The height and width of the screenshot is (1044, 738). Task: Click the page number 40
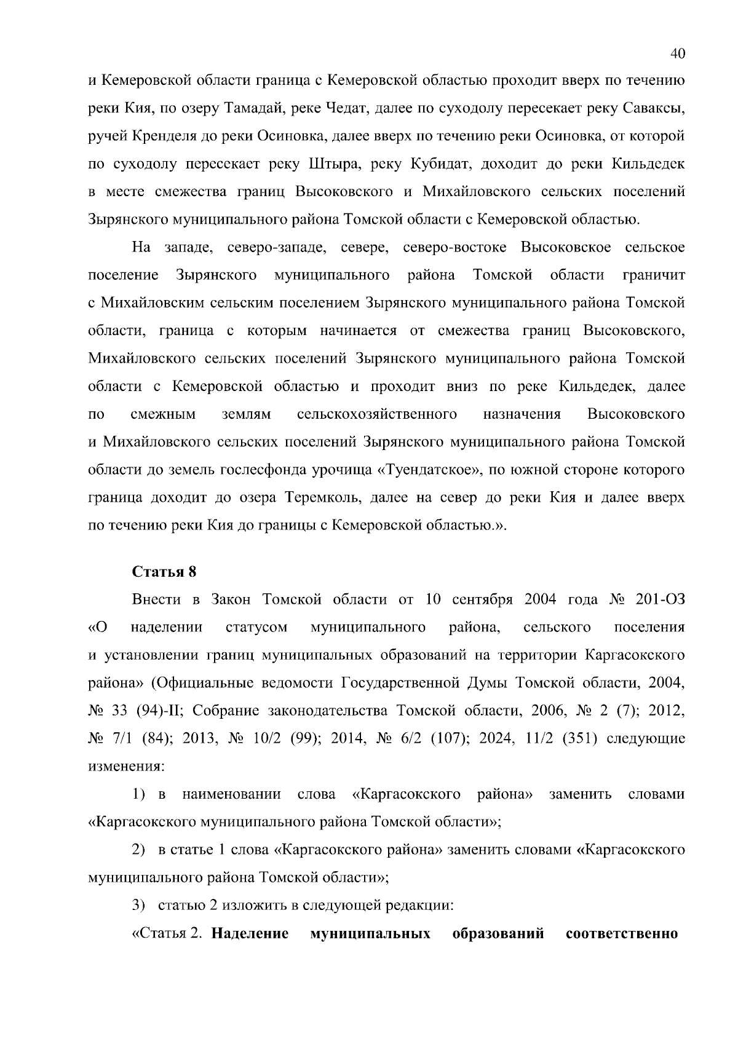point(677,53)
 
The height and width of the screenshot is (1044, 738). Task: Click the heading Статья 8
point(164,572)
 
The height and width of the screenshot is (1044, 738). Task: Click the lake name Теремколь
point(322,498)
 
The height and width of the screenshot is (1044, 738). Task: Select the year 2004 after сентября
point(541,599)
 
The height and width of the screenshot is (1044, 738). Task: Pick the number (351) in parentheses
point(580,738)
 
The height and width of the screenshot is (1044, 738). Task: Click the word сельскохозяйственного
point(376,414)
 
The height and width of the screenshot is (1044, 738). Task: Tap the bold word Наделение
point(250,934)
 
